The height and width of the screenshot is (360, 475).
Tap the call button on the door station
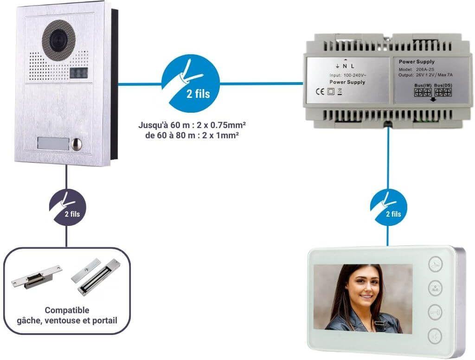click(76, 144)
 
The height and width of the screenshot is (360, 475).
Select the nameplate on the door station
click(52, 144)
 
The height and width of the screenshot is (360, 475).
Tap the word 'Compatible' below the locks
click(67, 310)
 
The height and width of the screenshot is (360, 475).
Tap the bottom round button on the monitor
click(435, 335)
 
